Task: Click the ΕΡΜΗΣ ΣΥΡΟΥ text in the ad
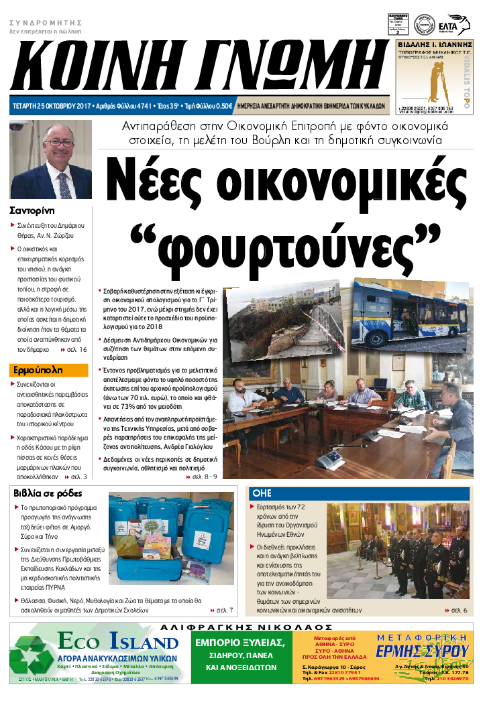click(421, 651)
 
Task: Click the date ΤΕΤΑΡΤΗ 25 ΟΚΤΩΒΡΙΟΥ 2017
click(52, 106)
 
